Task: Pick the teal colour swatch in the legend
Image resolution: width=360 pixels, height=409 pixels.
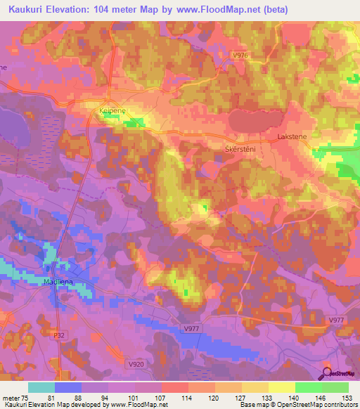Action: (41, 387)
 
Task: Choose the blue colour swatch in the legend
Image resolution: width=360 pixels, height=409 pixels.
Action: (68, 387)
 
